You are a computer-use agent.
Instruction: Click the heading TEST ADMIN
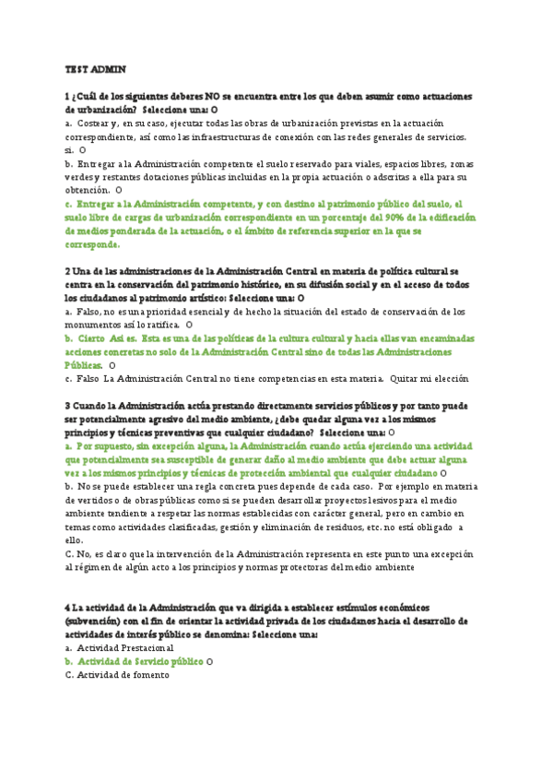point(95,69)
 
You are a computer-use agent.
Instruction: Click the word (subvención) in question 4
point(99,621)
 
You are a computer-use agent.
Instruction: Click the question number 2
point(68,272)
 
